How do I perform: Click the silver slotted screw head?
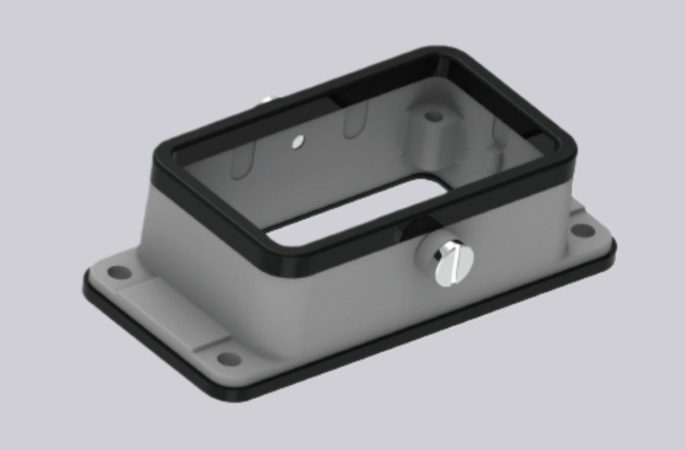[x=449, y=262]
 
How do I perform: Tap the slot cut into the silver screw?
[x=450, y=262]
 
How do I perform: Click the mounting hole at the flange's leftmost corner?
[x=120, y=272]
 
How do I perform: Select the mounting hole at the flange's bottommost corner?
[x=229, y=359]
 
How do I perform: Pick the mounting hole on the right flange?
[x=582, y=230]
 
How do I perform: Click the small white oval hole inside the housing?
[x=298, y=142]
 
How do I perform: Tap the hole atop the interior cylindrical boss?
[x=433, y=116]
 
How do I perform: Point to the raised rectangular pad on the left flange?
[x=171, y=316]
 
